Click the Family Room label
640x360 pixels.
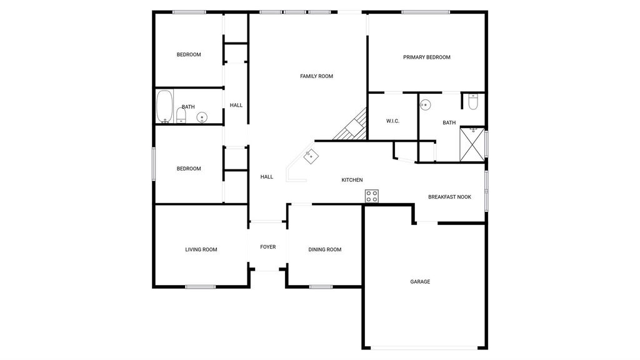click(316, 76)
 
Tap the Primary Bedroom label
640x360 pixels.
click(426, 57)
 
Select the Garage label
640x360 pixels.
click(420, 282)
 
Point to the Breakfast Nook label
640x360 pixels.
click(449, 197)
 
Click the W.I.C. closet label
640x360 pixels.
click(392, 121)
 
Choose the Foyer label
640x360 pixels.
click(267, 247)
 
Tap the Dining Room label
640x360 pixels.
click(324, 250)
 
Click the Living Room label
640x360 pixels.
click(201, 250)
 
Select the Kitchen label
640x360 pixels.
click(352, 180)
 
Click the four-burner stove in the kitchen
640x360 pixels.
click(371, 196)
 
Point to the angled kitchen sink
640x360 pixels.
click(311, 156)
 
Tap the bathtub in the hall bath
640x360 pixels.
click(164, 106)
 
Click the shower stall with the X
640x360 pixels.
click(472, 144)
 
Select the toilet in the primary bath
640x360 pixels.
click(473, 102)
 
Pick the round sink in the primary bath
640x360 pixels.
click(425, 105)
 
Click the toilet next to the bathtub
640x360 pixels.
click(181, 116)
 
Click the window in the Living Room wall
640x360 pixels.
click(201, 287)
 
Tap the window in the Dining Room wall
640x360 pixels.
click(321, 287)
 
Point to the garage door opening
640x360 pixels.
click(424, 348)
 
